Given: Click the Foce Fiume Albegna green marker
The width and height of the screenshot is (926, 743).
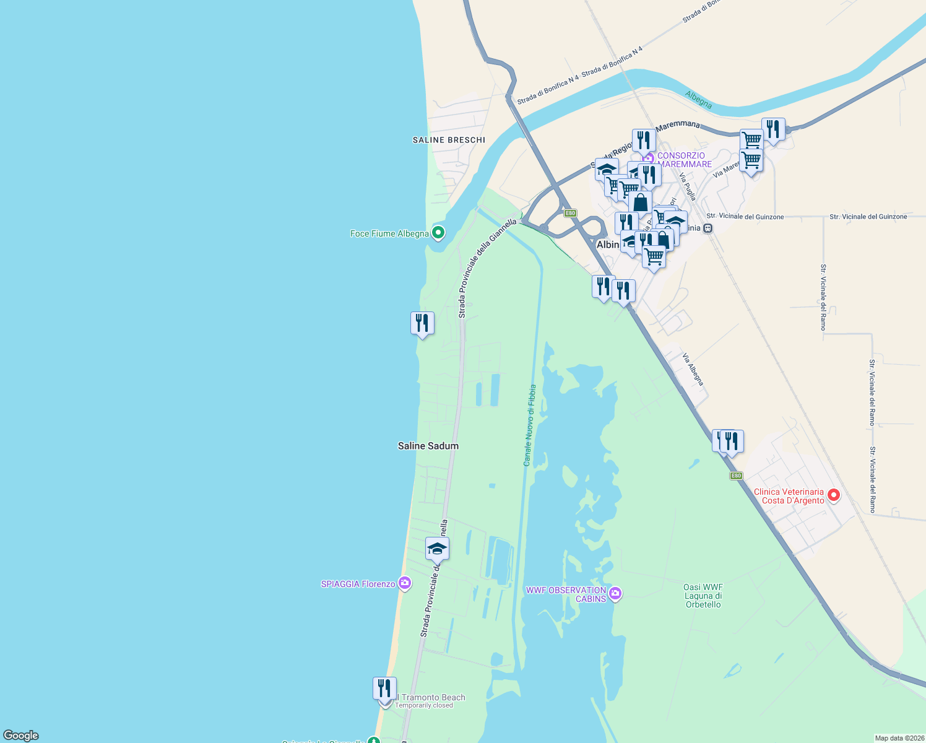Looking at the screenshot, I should point(438,233).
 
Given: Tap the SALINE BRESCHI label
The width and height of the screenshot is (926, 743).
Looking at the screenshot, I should point(449,140).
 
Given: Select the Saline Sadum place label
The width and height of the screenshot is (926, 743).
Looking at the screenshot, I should point(428,446).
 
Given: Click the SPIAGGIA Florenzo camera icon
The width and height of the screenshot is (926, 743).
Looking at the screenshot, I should point(405,583).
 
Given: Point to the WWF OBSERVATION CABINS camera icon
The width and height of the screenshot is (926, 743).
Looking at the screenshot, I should point(615,594).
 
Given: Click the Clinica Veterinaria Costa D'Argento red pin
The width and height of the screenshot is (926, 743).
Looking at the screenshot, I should point(834,495).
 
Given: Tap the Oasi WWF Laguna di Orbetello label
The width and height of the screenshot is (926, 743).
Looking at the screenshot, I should point(703,596).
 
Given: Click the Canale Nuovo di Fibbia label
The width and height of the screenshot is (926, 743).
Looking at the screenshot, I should point(529,425).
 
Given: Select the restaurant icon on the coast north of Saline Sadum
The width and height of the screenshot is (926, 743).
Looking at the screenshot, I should point(422,323).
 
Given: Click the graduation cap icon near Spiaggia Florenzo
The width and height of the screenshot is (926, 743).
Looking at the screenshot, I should point(437,549).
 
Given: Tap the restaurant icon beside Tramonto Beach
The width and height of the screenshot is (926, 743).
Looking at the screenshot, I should point(384,688).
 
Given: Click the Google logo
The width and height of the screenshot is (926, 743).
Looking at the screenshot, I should point(21,736).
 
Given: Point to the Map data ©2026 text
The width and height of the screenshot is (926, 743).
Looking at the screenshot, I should point(898,738).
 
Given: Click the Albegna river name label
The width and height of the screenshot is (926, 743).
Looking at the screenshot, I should point(698,99).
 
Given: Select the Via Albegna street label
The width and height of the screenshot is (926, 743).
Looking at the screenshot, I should point(693,369).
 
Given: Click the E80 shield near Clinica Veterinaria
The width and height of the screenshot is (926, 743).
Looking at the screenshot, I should point(735,476).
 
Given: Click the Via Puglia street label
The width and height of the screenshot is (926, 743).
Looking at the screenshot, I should point(688,186).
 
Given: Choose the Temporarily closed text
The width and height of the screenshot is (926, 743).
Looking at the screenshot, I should point(424,705).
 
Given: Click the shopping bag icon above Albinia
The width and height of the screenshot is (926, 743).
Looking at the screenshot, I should point(640,202).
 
